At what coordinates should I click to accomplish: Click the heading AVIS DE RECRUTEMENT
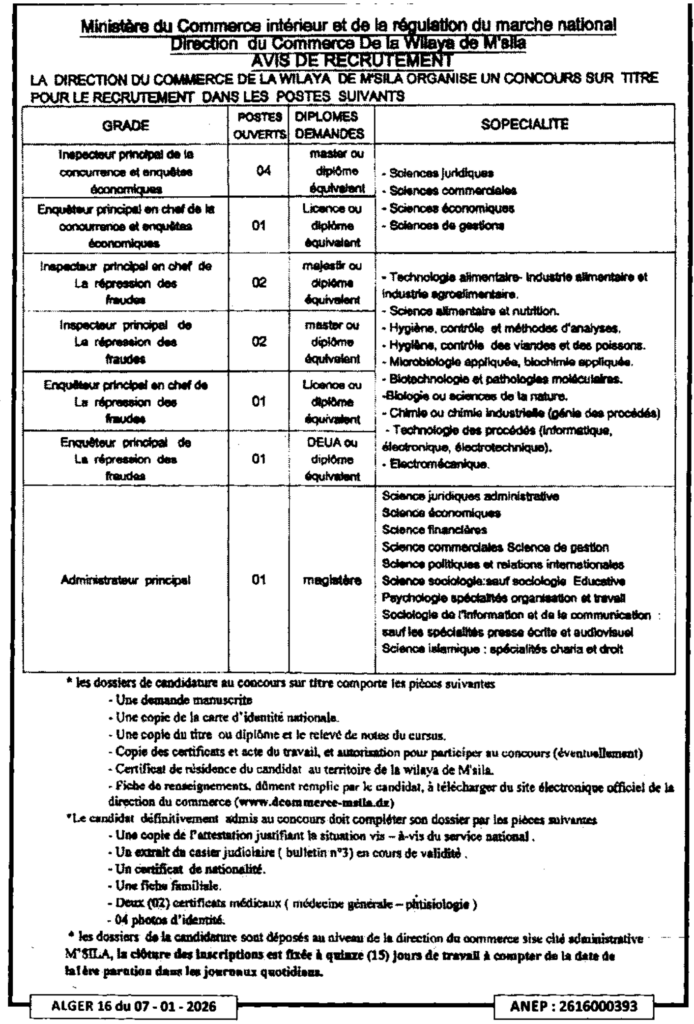tap(346, 60)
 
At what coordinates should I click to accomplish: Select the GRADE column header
tap(126, 125)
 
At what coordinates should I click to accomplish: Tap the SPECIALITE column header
tap(525, 124)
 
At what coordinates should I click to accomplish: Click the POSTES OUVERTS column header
tap(259, 125)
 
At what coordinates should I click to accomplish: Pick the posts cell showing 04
tap(259, 171)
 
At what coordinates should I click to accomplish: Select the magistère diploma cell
tap(320, 578)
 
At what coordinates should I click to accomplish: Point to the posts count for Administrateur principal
tap(259, 578)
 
